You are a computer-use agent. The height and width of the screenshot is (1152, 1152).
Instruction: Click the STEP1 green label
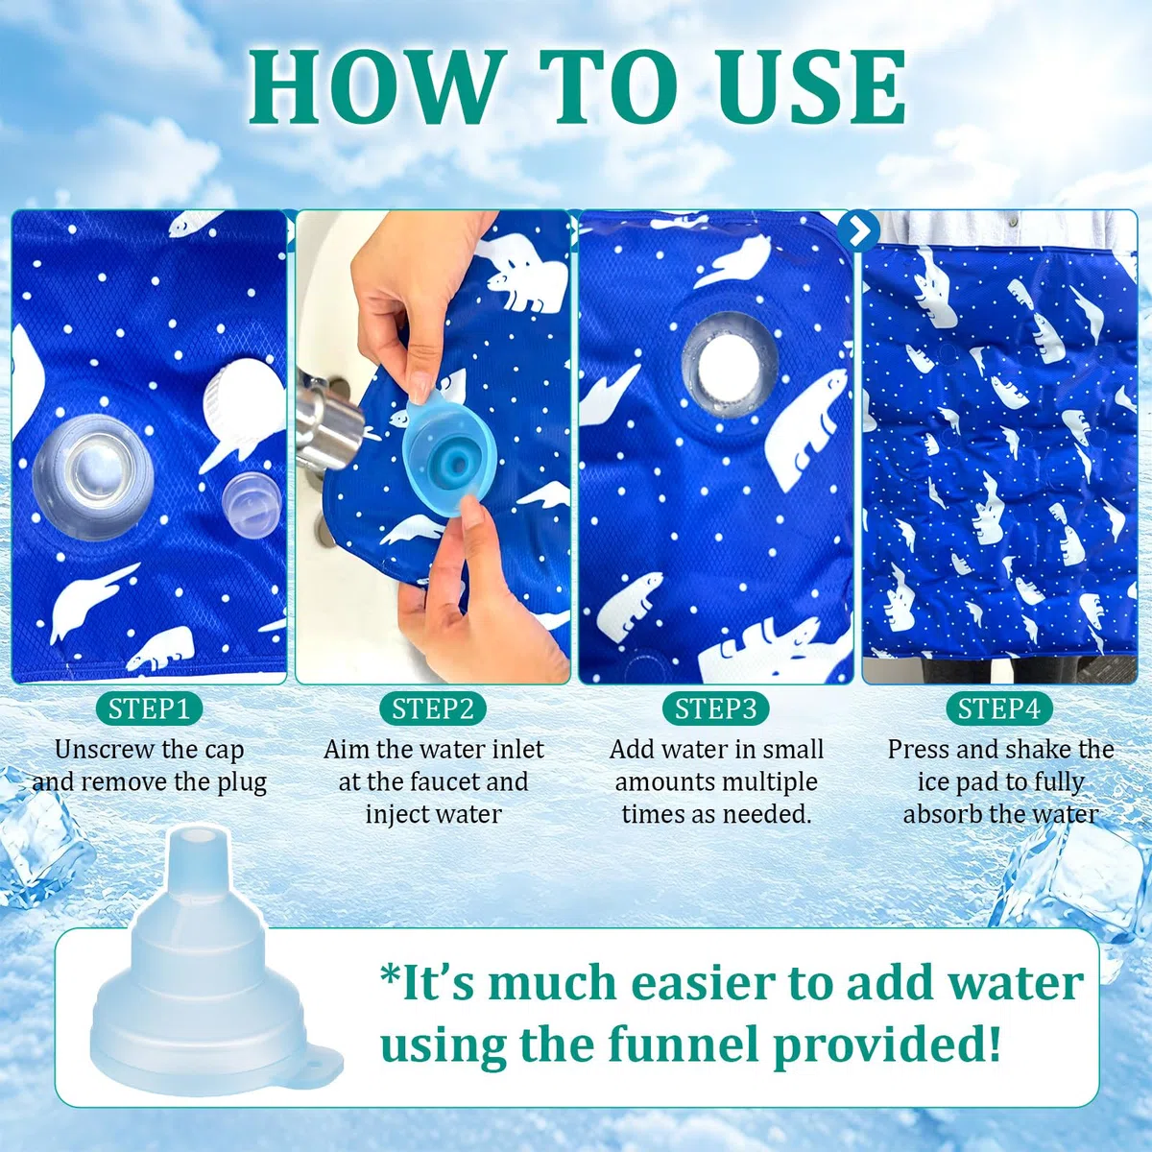(x=149, y=709)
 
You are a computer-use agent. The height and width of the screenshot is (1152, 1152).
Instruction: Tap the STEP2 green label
(x=432, y=709)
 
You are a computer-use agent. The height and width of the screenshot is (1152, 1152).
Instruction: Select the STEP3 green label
(x=715, y=709)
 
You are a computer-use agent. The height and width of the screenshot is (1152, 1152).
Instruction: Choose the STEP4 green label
(x=999, y=709)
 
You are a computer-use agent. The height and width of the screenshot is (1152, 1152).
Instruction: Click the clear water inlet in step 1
(x=93, y=477)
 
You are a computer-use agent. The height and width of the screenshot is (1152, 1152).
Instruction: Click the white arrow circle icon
(x=858, y=230)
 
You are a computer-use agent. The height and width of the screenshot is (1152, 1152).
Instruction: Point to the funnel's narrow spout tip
(x=195, y=836)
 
